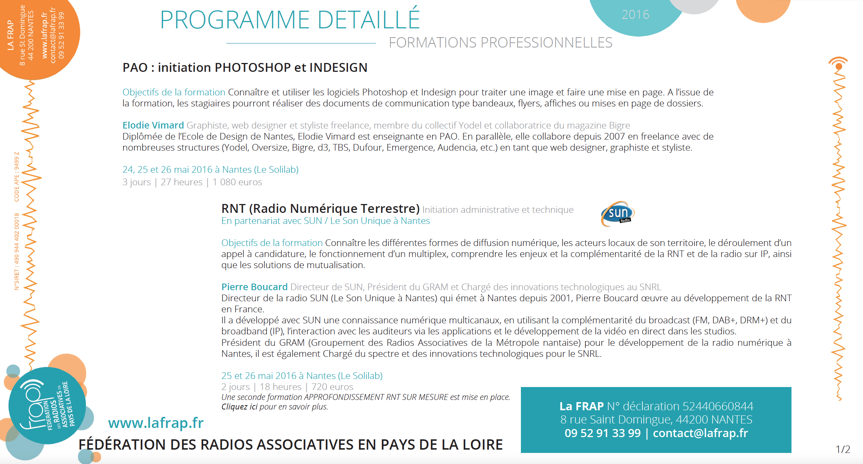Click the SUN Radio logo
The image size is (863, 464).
tap(618, 214)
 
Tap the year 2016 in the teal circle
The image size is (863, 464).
tap(635, 15)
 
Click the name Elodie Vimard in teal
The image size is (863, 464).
tap(153, 125)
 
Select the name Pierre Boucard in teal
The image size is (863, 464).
tap(254, 287)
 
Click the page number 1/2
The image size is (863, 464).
tap(843, 449)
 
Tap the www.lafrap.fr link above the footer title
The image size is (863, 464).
tap(156, 423)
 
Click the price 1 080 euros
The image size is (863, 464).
tap(237, 182)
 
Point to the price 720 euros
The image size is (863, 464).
tap(332, 387)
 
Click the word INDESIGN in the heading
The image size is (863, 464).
tap(338, 68)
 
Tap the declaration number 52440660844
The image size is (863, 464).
tap(718, 406)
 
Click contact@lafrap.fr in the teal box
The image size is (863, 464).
tap(700, 433)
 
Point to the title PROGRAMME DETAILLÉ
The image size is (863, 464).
tap(290, 20)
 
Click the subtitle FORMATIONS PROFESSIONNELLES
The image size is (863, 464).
tap(500, 43)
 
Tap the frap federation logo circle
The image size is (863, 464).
tap(47, 405)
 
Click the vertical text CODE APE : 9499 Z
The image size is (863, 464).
tap(17, 177)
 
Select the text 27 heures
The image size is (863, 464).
tap(181, 182)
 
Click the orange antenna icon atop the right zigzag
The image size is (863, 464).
tap(838, 64)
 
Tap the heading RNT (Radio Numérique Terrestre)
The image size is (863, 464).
tap(320, 208)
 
